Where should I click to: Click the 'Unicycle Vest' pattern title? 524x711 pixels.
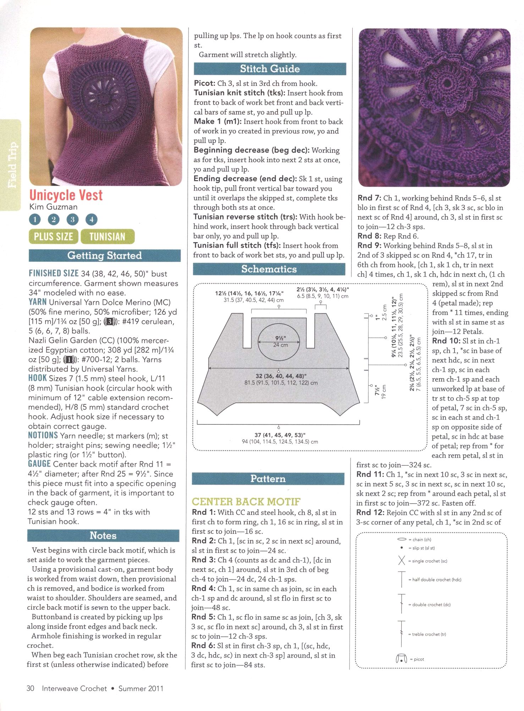click(66, 195)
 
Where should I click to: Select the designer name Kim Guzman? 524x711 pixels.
click(53, 207)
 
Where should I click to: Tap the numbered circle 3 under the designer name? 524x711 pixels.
click(72, 219)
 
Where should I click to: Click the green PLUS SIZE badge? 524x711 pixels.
click(53, 237)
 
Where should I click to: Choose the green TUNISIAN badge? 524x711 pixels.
click(107, 237)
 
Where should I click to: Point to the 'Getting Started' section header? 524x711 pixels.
click(104, 256)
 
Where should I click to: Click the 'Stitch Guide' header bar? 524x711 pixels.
click(270, 69)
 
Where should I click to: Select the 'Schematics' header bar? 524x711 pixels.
click(269, 269)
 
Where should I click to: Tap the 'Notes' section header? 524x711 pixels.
click(103, 536)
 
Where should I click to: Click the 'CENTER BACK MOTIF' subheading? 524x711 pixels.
click(246, 502)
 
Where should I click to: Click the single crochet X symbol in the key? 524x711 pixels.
click(402, 561)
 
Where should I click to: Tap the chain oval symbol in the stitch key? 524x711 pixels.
click(402, 539)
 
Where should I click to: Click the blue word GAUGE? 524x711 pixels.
click(39, 464)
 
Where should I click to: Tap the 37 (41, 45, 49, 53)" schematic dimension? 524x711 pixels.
click(280, 435)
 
